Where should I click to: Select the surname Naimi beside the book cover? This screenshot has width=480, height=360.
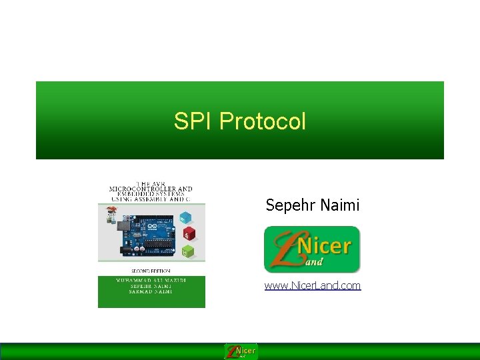(x=339, y=205)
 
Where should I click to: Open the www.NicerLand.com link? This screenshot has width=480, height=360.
(x=313, y=285)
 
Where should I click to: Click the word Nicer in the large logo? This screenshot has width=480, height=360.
(x=323, y=246)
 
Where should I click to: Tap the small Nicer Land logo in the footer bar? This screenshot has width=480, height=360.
(x=241, y=351)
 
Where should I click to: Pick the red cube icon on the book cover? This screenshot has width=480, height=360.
(x=189, y=234)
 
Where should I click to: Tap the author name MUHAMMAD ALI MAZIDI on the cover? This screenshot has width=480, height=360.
(x=151, y=280)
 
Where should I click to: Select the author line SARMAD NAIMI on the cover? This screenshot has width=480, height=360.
(x=151, y=291)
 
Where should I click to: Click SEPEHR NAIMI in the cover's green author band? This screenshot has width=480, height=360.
(x=151, y=286)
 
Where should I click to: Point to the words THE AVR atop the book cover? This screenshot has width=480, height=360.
(x=151, y=183)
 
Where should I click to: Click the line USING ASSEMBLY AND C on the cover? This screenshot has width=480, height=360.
(x=151, y=199)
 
